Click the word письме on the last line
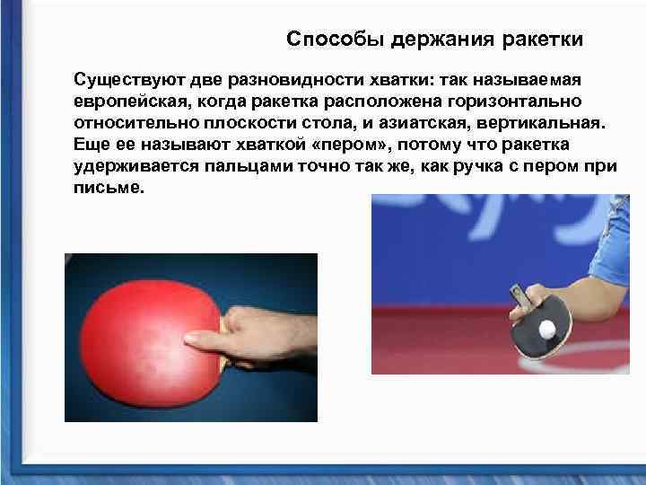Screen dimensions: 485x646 [x=104, y=190]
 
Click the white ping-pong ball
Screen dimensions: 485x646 [x=546, y=331]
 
